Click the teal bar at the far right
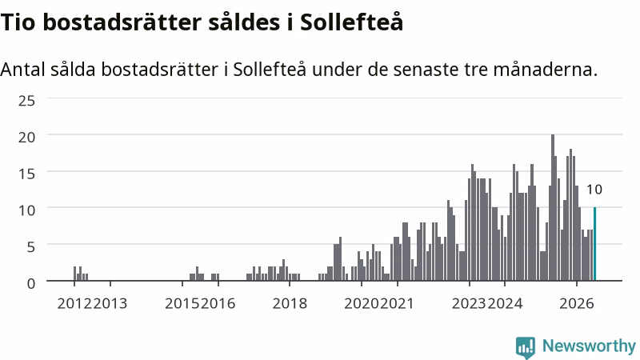[594, 244]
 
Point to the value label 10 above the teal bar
[594, 190]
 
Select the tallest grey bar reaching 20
[553, 208]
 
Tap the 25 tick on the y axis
[26, 101]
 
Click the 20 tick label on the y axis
[26, 137]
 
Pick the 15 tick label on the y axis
[26, 174]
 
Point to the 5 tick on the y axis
[31, 247]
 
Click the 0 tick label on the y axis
[31, 283]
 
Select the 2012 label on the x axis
[74, 304]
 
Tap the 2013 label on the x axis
[110, 304]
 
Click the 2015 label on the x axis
[182, 304]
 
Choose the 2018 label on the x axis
[290, 304]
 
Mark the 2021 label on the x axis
[397, 304]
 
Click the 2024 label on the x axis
[506, 304]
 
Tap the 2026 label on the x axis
[577, 304]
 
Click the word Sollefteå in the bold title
[352, 22]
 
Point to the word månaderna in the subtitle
[546, 70]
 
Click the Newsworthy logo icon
[526, 347]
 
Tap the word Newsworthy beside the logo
[589, 346]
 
